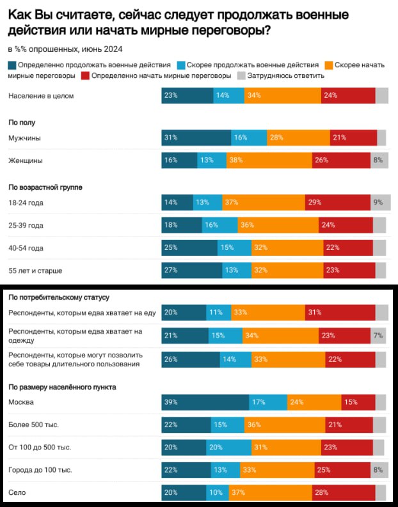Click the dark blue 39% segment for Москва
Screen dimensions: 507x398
point(205,402)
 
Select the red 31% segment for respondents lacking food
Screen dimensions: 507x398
point(340,312)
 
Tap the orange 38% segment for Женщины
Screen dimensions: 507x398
point(269,160)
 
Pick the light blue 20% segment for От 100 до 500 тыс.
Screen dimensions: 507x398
point(229,447)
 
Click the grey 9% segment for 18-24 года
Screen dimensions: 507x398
point(379,203)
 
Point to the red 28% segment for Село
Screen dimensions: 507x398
point(344,492)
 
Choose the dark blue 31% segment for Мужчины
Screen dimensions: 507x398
point(196,138)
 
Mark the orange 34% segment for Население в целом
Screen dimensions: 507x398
point(282,95)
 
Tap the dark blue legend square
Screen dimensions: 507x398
point(12,65)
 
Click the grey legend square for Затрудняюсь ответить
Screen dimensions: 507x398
point(241,75)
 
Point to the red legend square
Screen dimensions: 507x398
point(85,75)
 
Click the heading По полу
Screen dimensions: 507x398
point(22,121)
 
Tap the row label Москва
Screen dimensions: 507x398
point(21,402)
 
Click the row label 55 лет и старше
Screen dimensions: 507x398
point(35,270)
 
